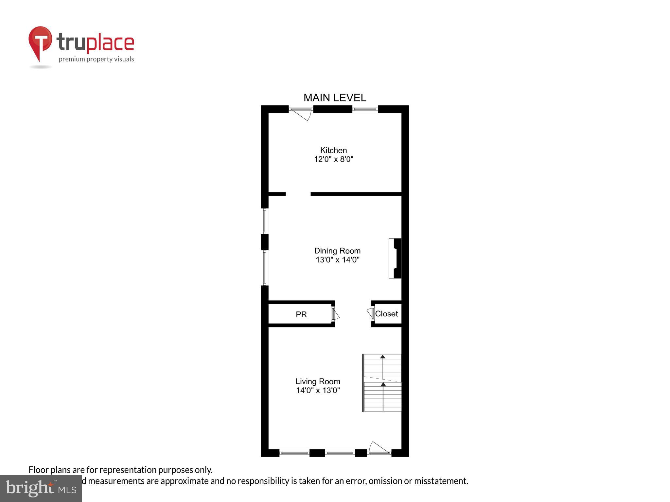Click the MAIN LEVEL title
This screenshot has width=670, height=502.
pos(335,98)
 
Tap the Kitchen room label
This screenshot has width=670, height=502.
pos(333,150)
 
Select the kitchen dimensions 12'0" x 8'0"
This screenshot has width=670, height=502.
pos(334,159)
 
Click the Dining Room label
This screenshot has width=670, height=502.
pos(337,251)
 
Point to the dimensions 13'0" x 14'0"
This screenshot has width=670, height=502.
pos(337,260)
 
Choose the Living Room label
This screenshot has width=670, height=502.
pos(318,381)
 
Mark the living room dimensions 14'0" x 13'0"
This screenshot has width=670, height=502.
pos(318,390)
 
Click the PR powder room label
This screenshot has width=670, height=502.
pos(301,314)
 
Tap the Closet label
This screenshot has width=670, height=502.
pos(386,314)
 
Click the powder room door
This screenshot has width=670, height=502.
pos(335,314)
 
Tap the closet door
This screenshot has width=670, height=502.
pos(371,313)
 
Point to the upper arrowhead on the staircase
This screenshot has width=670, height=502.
pos(382,357)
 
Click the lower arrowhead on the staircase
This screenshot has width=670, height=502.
pos(383,384)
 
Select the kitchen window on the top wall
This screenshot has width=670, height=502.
pos(365,109)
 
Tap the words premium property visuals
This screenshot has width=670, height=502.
pos(96,59)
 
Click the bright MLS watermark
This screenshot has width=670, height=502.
pos(41,488)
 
